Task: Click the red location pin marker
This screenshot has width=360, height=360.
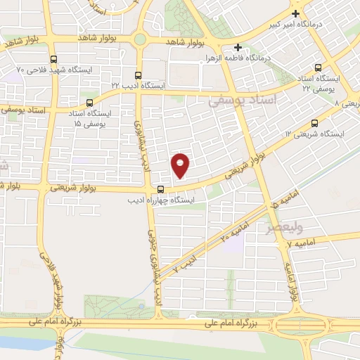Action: click(x=181, y=165)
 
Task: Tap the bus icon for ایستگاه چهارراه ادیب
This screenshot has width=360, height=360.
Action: click(x=161, y=188)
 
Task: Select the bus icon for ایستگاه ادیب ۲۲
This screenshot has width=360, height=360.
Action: click(x=137, y=74)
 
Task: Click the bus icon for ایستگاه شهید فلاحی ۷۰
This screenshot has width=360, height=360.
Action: click(x=54, y=59)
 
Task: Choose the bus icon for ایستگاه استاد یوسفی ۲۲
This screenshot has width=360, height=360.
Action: click(x=318, y=68)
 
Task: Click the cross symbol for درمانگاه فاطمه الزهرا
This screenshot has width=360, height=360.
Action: click(x=238, y=47)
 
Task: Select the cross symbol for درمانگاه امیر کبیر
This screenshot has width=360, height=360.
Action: click(x=295, y=13)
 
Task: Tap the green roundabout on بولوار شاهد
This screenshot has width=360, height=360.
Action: click(x=140, y=40)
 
